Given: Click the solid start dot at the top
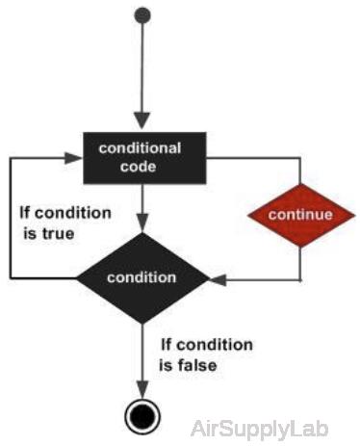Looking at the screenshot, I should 142,16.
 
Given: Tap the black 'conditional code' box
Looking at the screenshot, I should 141,156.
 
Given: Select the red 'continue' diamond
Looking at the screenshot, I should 299,213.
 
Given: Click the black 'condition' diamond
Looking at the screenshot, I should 141,277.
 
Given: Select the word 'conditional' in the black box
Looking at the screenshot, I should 141,147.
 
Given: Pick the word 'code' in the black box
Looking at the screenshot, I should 141,166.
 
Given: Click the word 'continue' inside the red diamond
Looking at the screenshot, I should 299,214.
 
